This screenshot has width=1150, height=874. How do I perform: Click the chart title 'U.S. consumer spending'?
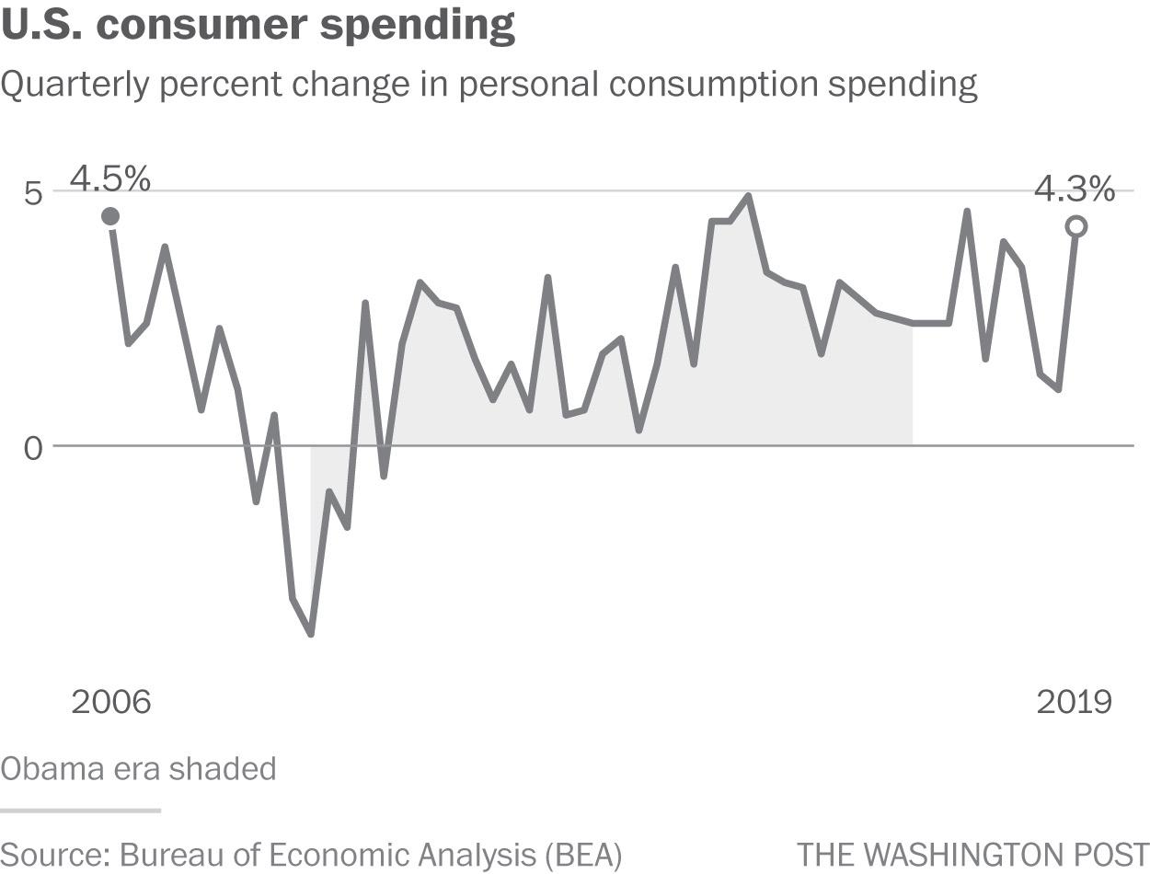click(258, 25)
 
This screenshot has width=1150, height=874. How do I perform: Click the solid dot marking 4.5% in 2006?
click(110, 216)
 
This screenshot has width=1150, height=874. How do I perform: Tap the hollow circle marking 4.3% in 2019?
click(1075, 226)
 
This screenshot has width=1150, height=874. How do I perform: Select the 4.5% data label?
click(110, 179)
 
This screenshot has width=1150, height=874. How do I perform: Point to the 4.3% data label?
click(1075, 190)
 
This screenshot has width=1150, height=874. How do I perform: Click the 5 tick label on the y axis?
click(34, 194)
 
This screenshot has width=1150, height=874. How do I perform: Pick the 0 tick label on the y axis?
click(34, 449)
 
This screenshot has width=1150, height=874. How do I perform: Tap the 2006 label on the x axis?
click(110, 702)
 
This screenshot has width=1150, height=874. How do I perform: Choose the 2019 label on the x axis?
click(1074, 702)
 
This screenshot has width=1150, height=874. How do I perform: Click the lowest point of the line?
click(311, 634)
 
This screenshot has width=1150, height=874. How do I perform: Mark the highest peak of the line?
click(748, 196)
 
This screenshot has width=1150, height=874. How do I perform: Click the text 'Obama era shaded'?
click(138, 768)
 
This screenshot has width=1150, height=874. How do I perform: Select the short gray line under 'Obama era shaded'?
click(80, 811)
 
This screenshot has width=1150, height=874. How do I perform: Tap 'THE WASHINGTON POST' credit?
click(972, 854)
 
